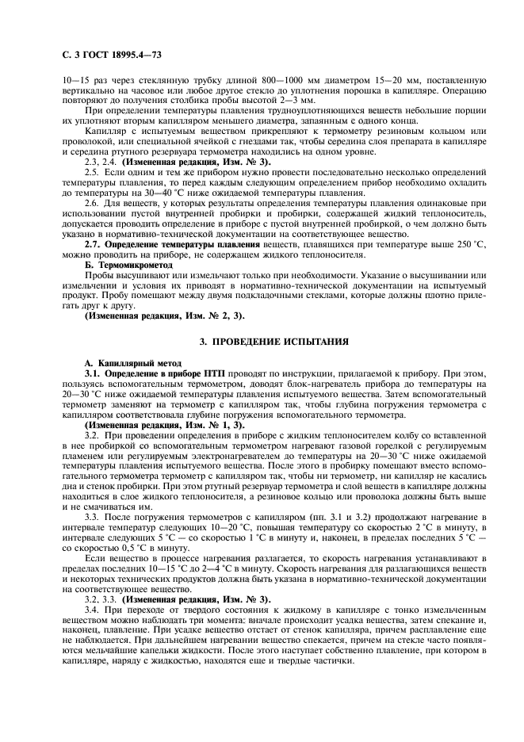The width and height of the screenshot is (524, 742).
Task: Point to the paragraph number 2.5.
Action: click(x=92, y=171)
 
